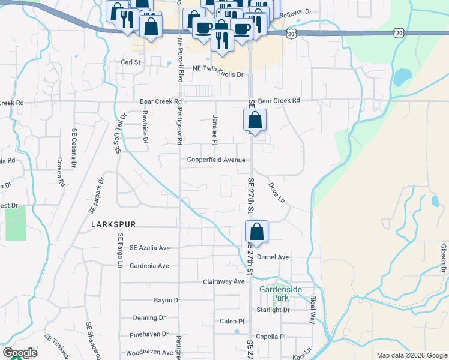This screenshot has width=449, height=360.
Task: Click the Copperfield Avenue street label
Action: tap(215, 160)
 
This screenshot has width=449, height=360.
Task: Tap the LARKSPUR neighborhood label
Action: tap(113, 224)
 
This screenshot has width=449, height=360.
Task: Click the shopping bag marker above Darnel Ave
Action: tap(256, 233)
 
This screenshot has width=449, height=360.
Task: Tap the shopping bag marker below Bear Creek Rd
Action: tap(255, 121)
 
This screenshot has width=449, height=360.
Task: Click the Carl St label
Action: tap(130, 62)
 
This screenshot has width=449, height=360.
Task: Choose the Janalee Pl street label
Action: tap(214, 130)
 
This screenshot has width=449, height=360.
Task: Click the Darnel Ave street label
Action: tap(273, 257)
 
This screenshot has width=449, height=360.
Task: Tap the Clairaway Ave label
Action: tap(224, 281)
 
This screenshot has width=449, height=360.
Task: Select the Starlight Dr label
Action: tap(273, 310)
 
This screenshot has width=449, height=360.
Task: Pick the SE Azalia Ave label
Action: tap(149, 248)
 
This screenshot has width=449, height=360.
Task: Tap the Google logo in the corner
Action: tap(20, 353)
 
